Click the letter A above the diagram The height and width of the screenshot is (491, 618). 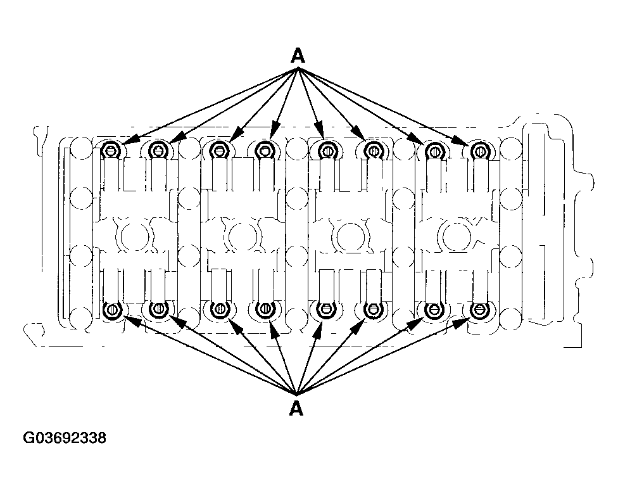298,56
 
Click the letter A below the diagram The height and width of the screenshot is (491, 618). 296,409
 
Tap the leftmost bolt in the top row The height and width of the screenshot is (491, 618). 111,150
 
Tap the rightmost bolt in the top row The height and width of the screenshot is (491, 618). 479,150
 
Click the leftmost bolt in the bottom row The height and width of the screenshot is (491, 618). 113,309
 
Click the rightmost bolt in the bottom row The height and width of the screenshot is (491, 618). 479,309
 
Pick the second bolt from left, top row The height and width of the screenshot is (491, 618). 158,150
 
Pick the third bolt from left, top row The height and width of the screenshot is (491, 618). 218,150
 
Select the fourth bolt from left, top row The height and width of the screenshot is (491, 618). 265,150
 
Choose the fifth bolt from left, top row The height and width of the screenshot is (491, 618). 326,150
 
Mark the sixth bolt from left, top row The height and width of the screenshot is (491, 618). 373,150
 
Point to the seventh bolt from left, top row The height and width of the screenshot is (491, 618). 434,150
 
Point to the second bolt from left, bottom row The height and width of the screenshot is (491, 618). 158,309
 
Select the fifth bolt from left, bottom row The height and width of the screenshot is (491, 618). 325,309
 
